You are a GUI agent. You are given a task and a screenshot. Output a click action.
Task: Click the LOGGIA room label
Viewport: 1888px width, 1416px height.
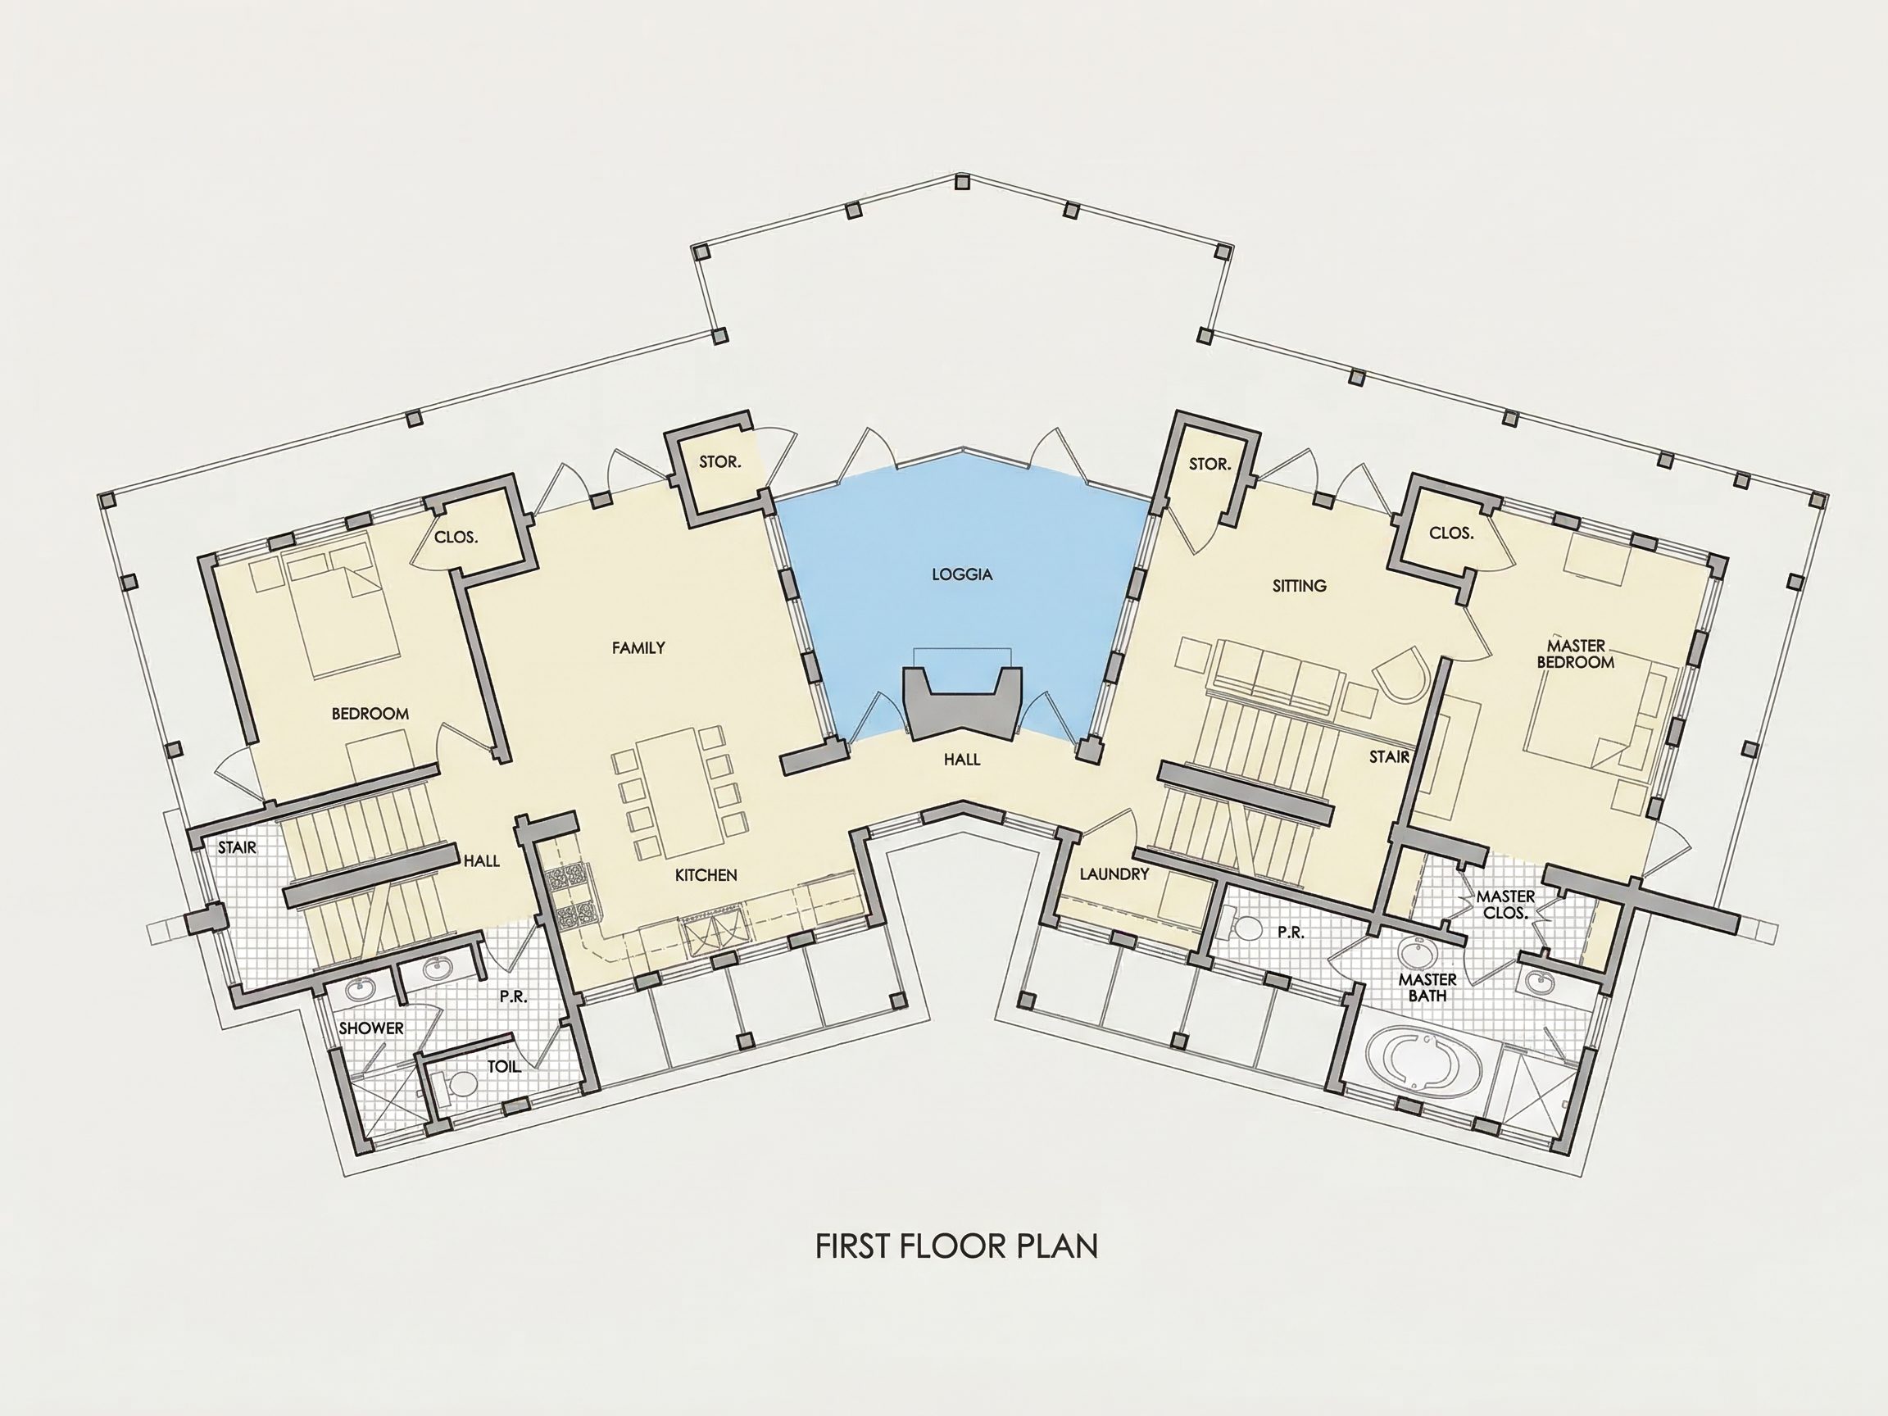click(962, 574)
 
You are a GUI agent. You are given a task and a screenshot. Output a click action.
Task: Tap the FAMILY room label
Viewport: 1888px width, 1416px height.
click(638, 648)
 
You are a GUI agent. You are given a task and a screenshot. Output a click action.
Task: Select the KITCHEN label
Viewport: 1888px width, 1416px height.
click(706, 875)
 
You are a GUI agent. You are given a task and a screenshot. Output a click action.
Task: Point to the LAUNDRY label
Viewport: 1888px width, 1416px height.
click(1114, 874)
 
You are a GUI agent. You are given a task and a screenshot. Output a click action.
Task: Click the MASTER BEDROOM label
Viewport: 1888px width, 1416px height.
click(1576, 654)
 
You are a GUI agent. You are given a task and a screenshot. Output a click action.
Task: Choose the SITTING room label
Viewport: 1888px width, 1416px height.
click(1299, 586)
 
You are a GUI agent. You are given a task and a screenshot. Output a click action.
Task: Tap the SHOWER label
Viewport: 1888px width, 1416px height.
click(371, 1028)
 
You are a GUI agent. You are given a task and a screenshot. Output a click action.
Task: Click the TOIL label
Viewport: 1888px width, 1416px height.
click(504, 1067)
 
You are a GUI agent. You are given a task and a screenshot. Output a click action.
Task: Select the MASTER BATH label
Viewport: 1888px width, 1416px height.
click(1427, 987)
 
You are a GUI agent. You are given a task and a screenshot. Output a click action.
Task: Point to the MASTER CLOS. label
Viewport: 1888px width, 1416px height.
click(1505, 905)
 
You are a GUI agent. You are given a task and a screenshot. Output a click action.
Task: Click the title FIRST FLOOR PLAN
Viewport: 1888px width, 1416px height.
click(957, 1246)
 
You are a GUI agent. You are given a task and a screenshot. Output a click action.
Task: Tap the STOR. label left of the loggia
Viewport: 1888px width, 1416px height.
click(719, 462)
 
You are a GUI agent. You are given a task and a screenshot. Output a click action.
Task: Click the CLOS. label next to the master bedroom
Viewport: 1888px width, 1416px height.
click(1451, 533)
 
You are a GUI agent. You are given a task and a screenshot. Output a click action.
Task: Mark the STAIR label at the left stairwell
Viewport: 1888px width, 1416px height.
click(237, 847)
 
